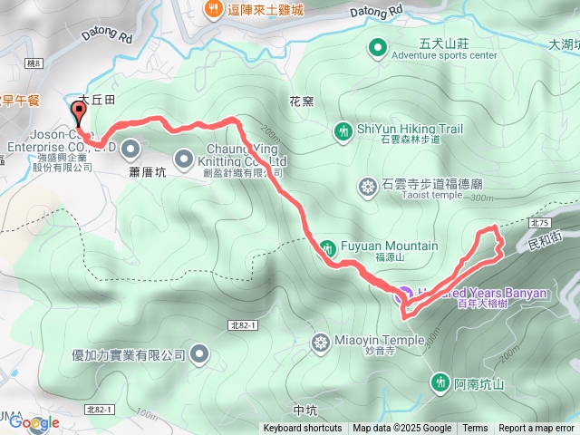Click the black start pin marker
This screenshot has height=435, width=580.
coord(77,111)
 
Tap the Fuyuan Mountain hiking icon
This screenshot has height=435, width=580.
coord(326,246)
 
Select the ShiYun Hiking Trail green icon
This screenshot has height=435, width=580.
coord(343,130)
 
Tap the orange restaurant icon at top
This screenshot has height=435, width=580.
coord(213,9)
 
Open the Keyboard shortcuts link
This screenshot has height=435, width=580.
coord(303,429)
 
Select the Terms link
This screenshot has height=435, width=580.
coord(475,429)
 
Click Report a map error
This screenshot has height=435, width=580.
coord(536,429)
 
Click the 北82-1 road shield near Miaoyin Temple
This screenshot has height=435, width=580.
coord(243,324)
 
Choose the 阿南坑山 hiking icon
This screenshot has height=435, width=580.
coord(440,383)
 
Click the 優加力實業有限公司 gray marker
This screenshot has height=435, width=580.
coord(200,354)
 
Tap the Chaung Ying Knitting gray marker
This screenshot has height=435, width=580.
coord(182,155)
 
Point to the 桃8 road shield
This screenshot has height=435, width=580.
coord(35,63)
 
